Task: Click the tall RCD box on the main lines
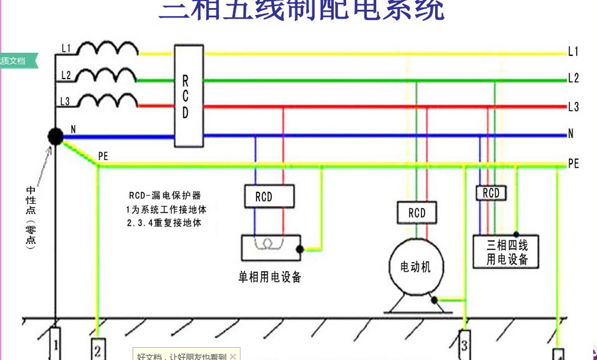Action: point(188,96)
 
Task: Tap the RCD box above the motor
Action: point(417,213)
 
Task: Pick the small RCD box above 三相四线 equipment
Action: point(491,193)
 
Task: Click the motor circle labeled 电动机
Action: point(415,267)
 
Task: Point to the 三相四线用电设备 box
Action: point(507,252)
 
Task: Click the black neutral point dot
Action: point(55,137)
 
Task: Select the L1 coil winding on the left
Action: point(107,48)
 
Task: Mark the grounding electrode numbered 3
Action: point(464,345)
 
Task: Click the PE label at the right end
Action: point(573,164)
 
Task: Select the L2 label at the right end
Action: point(573,79)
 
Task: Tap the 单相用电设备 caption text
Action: point(270,277)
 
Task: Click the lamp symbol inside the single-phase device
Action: point(268,244)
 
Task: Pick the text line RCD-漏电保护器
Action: point(165,196)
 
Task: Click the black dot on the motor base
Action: point(434,300)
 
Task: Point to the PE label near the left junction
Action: point(103,157)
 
